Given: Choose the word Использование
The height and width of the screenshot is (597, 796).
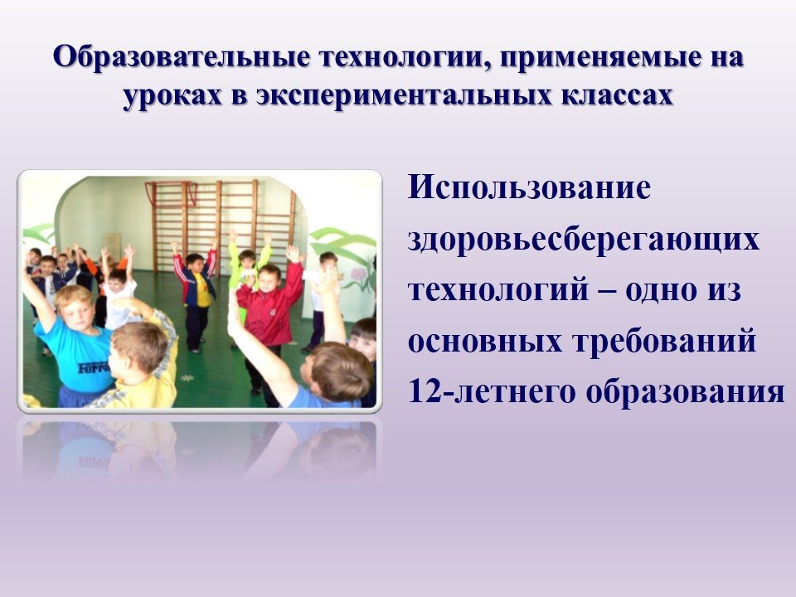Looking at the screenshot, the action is (529, 187).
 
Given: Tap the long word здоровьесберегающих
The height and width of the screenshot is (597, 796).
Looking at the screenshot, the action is (584, 240).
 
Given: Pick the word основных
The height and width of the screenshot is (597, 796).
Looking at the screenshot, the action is (485, 342).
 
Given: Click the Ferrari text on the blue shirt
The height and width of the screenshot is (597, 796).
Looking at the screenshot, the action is (95, 367).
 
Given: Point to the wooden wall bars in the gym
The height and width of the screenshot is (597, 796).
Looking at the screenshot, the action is (221, 223).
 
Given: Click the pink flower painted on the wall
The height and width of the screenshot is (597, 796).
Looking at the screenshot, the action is (358, 274).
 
